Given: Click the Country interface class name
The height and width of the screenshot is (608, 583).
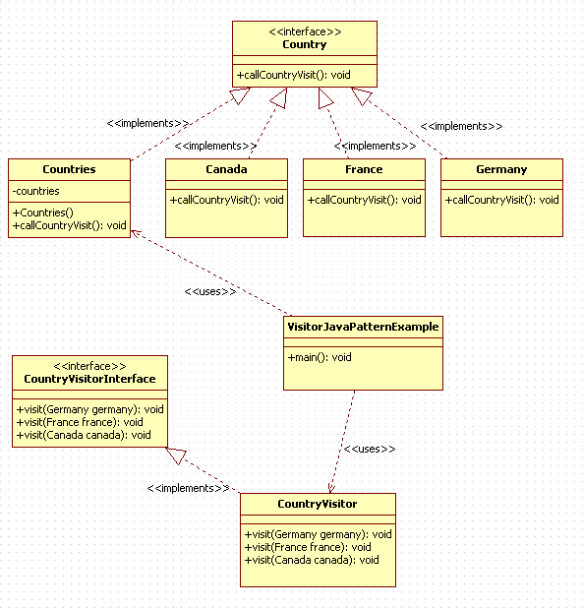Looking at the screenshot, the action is pyautogui.click(x=305, y=44).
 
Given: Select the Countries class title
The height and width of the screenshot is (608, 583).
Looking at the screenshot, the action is pyautogui.click(x=69, y=169).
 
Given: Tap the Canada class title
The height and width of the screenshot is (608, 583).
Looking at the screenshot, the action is pyautogui.click(x=226, y=169).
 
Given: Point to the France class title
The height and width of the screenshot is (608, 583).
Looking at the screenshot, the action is pyautogui.click(x=364, y=169).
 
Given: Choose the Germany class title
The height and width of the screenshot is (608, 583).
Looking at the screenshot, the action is pyautogui.click(x=501, y=170).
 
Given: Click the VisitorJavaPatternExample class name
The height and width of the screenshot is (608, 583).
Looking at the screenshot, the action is pyautogui.click(x=363, y=327).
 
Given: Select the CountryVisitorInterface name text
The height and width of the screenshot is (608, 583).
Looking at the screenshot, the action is pyautogui.click(x=89, y=379).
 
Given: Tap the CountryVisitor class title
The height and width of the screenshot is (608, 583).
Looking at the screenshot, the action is pyautogui.click(x=318, y=504).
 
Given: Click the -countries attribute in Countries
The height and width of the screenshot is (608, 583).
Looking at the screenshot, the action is pyautogui.click(x=35, y=191).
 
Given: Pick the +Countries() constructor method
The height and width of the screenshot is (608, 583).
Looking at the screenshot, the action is pyautogui.click(x=42, y=213).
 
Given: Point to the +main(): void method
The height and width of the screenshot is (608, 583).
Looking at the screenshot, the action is pyautogui.click(x=320, y=357).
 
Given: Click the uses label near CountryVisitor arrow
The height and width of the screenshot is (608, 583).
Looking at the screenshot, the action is pyautogui.click(x=370, y=449).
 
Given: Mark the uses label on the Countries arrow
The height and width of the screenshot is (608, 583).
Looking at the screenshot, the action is pyautogui.click(x=210, y=291).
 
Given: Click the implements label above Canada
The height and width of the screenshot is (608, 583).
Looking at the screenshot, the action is pyautogui.click(x=215, y=146).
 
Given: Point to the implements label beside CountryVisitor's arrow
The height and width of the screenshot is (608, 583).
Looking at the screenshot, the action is pyautogui.click(x=188, y=488).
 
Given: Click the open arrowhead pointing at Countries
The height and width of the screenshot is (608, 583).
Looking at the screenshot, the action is pyautogui.click(x=136, y=233).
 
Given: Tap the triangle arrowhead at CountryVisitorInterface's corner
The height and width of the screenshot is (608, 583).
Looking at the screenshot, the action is pyautogui.click(x=176, y=455).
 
